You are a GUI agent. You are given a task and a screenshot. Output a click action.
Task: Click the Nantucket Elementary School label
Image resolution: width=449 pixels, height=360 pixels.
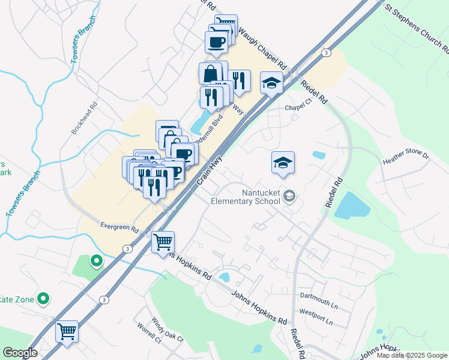245,197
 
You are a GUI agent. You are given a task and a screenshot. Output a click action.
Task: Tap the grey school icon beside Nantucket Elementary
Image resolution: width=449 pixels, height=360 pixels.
289,196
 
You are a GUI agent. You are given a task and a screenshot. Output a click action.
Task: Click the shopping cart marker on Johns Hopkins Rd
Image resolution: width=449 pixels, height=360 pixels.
163,243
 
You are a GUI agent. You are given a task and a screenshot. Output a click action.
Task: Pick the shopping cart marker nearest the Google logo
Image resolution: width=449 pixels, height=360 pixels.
67,332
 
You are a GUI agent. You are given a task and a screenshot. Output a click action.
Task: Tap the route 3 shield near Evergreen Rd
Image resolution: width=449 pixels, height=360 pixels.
127,248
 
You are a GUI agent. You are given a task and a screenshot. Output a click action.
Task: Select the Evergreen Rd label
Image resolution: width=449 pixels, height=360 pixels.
119,229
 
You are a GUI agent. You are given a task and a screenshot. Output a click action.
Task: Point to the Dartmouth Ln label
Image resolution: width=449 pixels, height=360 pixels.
319,305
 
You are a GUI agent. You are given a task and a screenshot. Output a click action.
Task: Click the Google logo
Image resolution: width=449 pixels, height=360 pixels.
20,353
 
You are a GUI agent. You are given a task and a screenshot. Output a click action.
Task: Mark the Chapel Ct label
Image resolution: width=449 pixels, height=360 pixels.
299,107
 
